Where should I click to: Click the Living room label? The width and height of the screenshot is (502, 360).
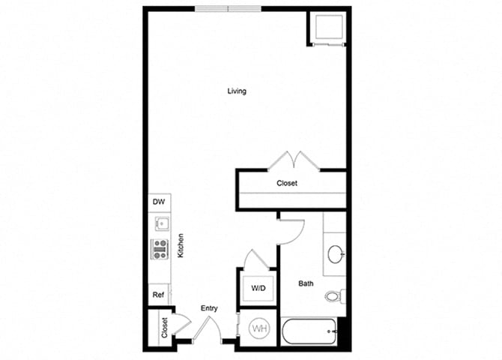(x=237, y=91)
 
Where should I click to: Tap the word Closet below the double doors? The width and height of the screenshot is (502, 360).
(x=287, y=183)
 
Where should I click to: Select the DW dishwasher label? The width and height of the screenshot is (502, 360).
(x=158, y=202)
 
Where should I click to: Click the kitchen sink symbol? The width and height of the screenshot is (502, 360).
(x=160, y=223)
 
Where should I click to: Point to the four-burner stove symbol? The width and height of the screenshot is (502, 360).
(x=160, y=248)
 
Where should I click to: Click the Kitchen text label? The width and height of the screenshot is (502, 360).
(x=181, y=246)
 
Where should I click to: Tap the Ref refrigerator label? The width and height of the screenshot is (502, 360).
(x=158, y=295)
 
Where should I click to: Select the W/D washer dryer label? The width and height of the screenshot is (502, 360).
(x=257, y=287)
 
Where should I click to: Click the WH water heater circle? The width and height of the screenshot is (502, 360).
(x=259, y=328)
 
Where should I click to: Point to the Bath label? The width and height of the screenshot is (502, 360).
(x=306, y=283)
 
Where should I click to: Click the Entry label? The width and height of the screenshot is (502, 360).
(x=209, y=308)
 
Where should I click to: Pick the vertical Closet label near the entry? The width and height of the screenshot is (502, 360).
(x=164, y=327)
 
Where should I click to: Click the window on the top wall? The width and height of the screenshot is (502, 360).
(x=228, y=9)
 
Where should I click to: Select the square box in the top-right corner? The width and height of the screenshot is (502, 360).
(x=327, y=28)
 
